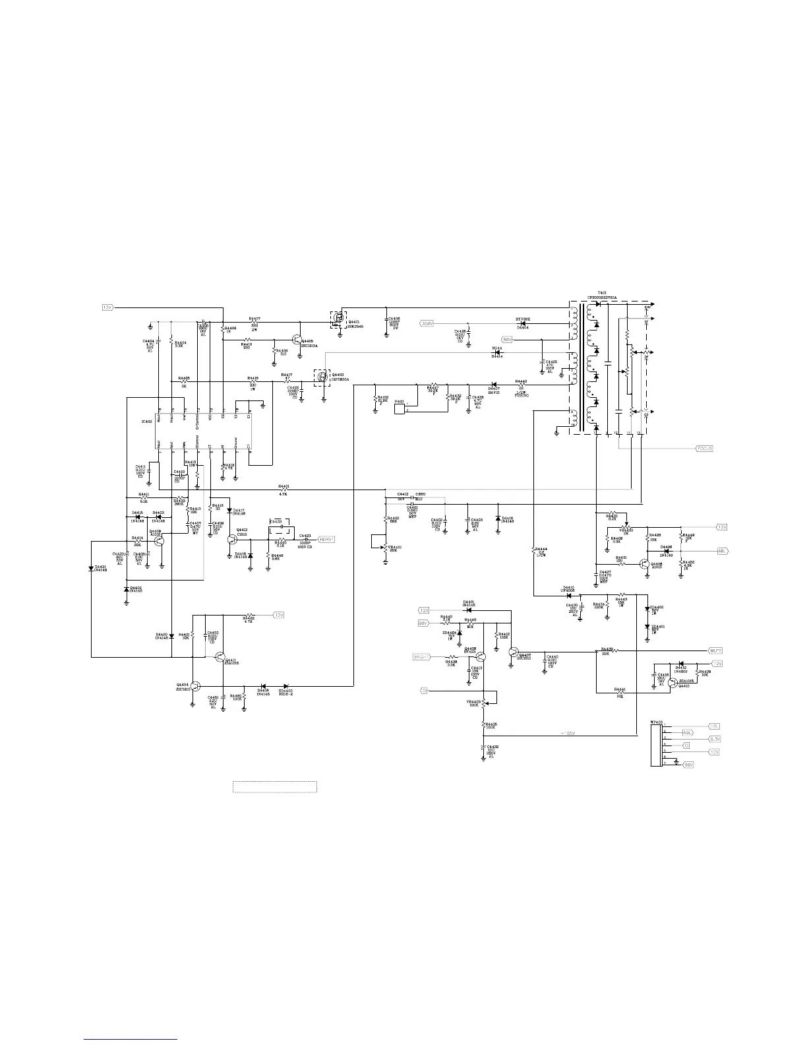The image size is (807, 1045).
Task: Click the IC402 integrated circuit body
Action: tap(204, 430)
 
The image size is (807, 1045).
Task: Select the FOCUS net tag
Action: tap(704, 449)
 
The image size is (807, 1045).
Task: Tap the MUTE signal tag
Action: tap(715, 650)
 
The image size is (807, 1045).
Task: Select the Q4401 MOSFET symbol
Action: tap(338, 319)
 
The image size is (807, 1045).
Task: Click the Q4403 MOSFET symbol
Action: tap(322, 378)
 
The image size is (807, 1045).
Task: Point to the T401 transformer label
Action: tap(601, 292)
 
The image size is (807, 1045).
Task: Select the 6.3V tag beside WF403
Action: tap(715, 739)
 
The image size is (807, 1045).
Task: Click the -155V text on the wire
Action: tap(568, 733)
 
